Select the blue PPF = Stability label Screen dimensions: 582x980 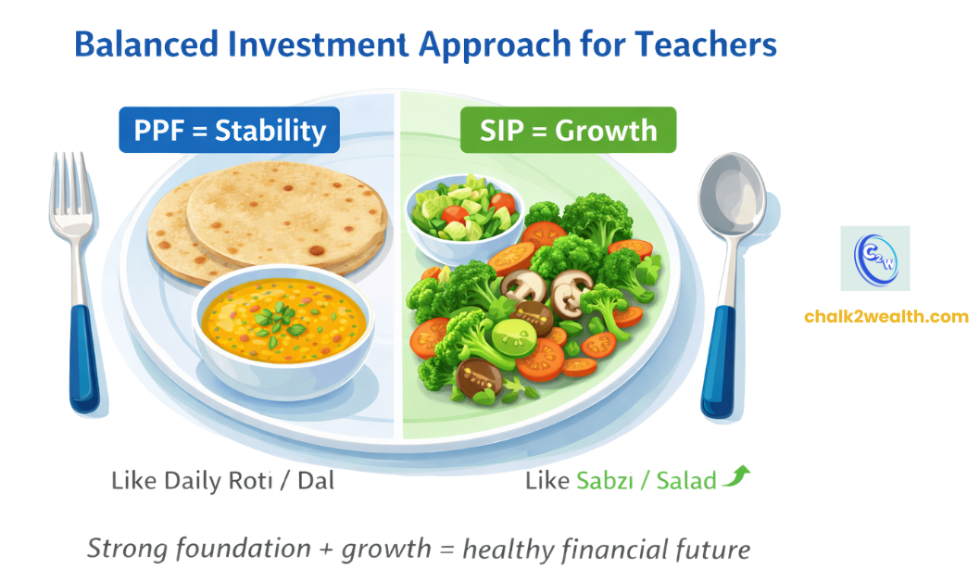tap(230, 131)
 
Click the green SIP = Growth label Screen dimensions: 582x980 tap(568, 131)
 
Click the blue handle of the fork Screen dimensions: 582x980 tap(83, 357)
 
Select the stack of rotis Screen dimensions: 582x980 tap(264, 218)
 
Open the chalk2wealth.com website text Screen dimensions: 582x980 tap(886, 317)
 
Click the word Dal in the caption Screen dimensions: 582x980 tap(312, 482)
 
